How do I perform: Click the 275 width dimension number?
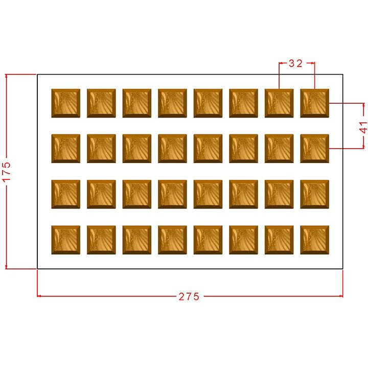pos(189,296)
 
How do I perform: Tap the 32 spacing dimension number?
pos(295,64)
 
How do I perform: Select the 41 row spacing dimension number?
pos(363,127)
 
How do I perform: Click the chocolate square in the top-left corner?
pos(65,103)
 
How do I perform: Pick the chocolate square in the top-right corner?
pos(314,103)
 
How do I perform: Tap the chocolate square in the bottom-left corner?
pos(65,240)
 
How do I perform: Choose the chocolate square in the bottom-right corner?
pos(314,240)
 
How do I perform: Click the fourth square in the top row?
pos(172,103)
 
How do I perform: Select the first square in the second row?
pos(65,149)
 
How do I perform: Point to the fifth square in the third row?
pos(208,194)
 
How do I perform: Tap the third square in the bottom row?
pos(136,240)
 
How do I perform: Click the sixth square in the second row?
pos(243,149)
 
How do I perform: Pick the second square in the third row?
pos(101,194)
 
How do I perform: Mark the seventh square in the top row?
pos(279,103)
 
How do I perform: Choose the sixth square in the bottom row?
pos(243,240)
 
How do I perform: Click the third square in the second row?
pos(136,149)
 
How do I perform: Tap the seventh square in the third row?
pos(279,194)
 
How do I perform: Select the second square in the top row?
pos(101,103)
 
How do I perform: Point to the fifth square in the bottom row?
pos(208,240)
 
